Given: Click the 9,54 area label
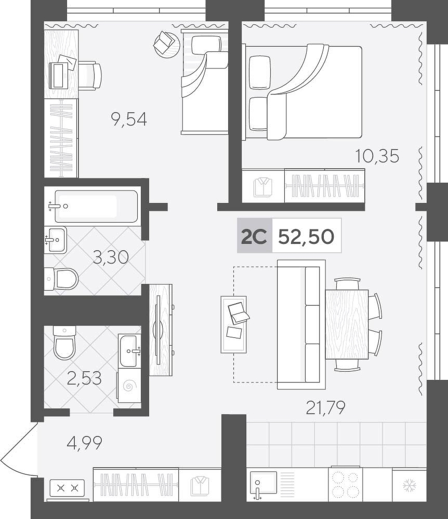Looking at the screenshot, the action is point(129,119).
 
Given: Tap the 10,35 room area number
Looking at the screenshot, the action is point(377,156).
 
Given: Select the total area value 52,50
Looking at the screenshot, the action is point(306,236).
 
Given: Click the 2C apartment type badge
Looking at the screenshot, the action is point(254,236).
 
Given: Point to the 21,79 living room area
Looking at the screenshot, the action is point(325,407).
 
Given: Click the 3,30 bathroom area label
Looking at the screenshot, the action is point(110,257).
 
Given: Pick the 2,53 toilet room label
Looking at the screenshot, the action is point(84,378).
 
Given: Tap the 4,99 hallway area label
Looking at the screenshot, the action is point(84,443).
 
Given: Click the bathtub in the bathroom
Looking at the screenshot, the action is point(96,206).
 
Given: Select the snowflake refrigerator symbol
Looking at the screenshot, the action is point(410,486).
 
